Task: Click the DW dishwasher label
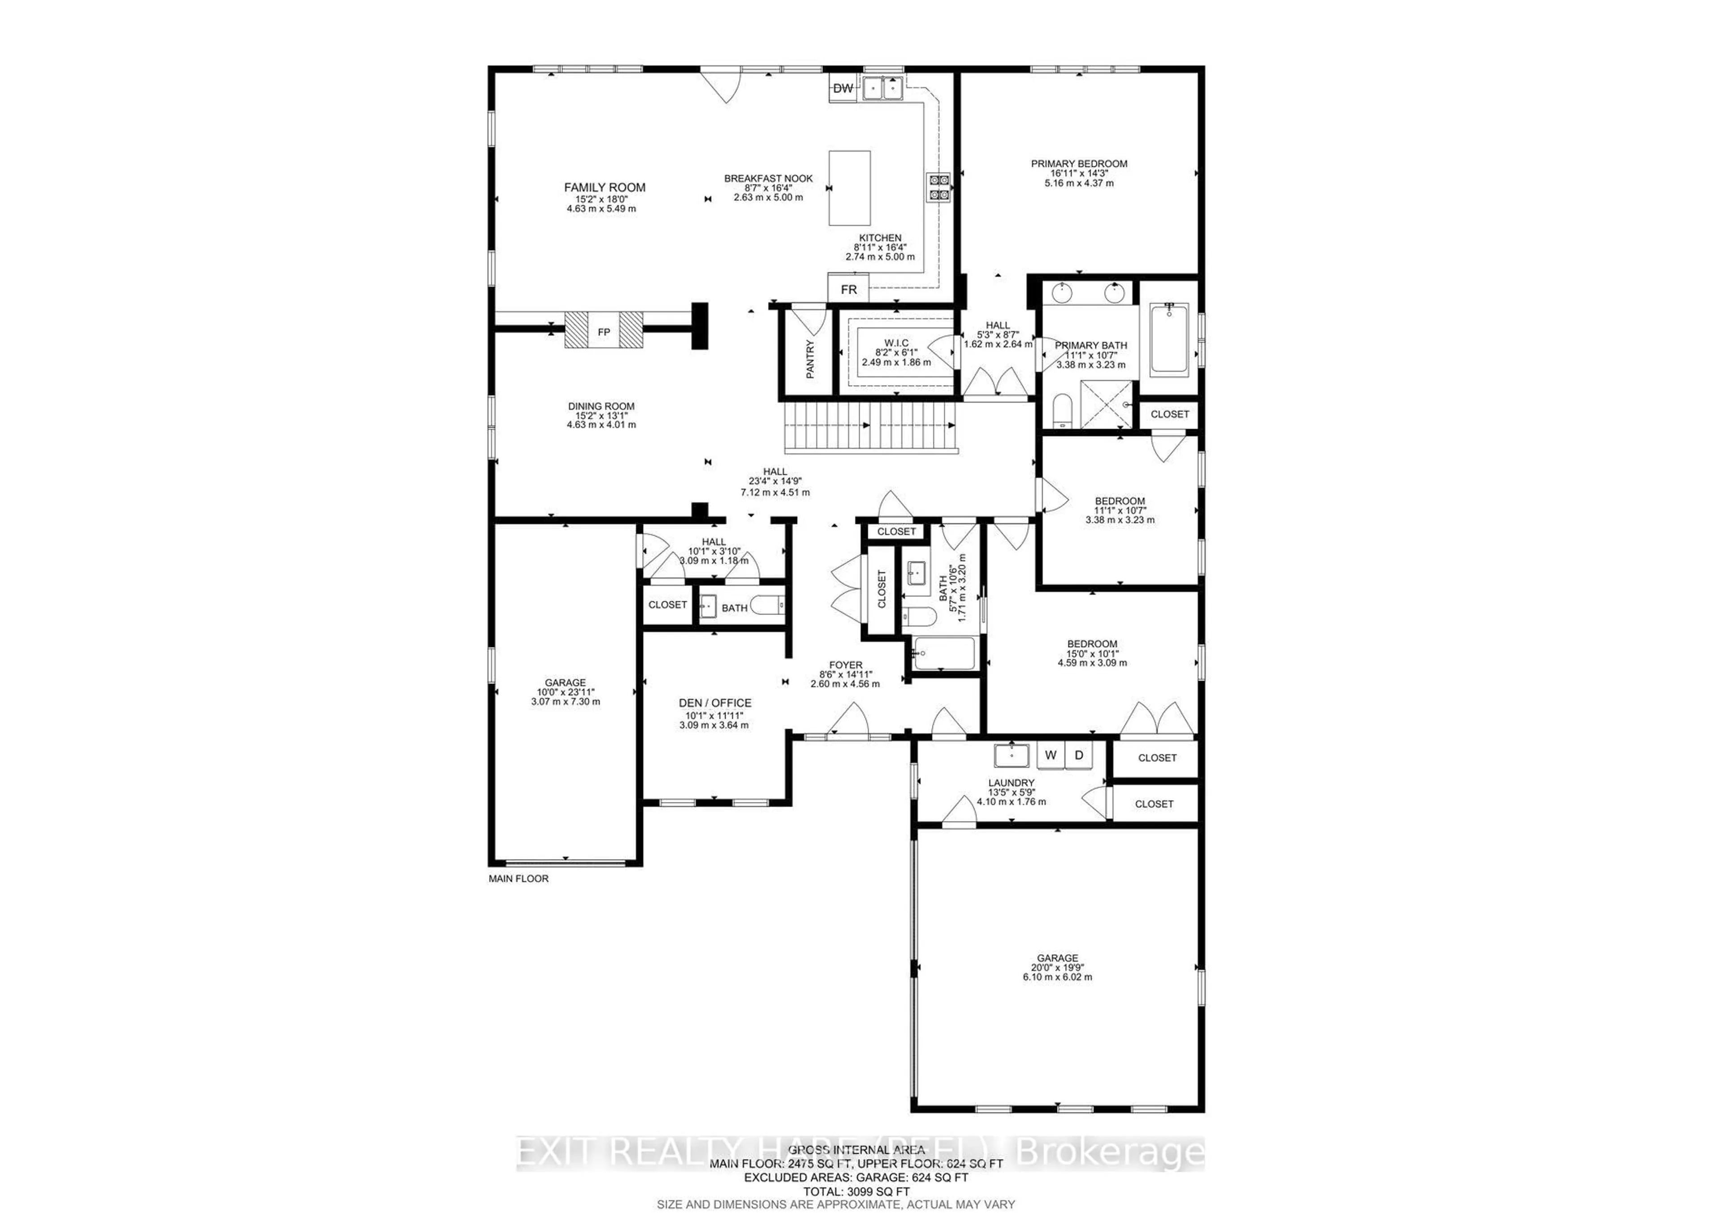843,88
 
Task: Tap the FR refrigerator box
848,289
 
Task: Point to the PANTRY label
809,359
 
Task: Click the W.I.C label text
896,343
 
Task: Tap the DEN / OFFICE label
714,703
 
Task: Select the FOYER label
846,665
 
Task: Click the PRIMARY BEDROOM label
1079,164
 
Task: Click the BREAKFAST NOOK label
768,178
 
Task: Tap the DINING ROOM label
601,406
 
